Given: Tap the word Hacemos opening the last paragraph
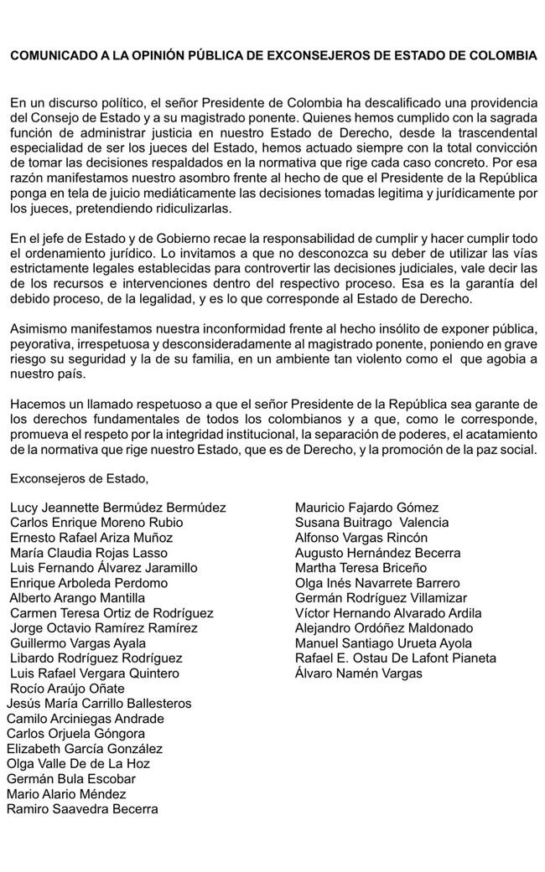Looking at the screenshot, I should pyautogui.click(x=36, y=405).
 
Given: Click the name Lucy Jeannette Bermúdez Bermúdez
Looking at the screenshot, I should pyautogui.click(x=118, y=508).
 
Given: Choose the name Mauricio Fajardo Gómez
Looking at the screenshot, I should pyautogui.click(x=366, y=508).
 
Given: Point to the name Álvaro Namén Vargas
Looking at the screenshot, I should pyautogui.click(x=359, y=673).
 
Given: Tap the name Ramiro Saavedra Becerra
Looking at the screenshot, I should pyautogui.click(x=82, y=809).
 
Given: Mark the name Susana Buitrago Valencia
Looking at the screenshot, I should pyautogui.click(x=371, y=523).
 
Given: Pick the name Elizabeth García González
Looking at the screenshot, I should pyautogui.click(x=85, y=749).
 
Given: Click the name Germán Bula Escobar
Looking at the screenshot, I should pyautogui.click(x=71, y=779).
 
